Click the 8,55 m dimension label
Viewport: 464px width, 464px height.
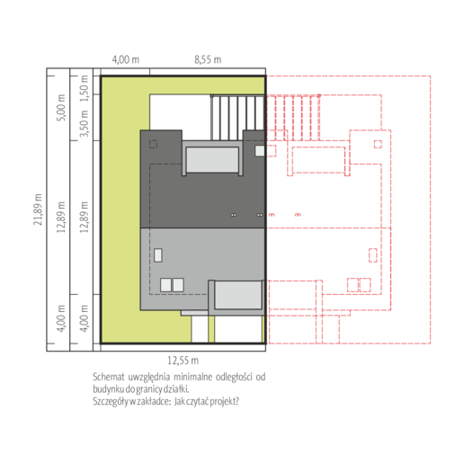pyautogui.click(x=208, y=59)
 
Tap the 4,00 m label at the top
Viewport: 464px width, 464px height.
pyautogui.click(x=126, y=59)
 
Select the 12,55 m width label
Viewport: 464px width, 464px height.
pyautogui.click(x=183, y=361)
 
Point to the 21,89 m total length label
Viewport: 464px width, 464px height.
pyautogui.click(x=38, y=210)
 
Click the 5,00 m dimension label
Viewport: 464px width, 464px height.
pyautogui.click(x=61, y=108)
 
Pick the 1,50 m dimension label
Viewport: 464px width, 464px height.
pyautogui.click(x=85, y=88)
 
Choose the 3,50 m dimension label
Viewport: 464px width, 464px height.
pyautogui.click(x=85, y=123)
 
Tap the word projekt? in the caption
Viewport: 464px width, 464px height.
pyautogui.click(x=224, y=401)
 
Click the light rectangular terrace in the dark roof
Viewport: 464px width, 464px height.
pyautogui.click(x=212, y=160)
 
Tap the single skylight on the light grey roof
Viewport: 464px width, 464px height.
pyautogui.click(x=158, y=255)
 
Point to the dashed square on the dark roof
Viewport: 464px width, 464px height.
pyautogui.click(x=153, y=144)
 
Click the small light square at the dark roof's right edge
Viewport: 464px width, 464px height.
pyautogui.click(x=260, y=151)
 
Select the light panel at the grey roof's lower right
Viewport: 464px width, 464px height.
pyautogui.click(x=238, y=295)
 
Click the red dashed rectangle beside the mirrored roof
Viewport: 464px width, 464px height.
pyautogui.click(x=373, y=255)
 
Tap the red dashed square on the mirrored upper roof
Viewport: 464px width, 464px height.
pyautogui.click(x=378, y=144)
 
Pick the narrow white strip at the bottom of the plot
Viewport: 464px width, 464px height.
pyautogui.click(x=200, y=329)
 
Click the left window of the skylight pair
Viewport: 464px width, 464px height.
pyautogui.click(x=165, y=285)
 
